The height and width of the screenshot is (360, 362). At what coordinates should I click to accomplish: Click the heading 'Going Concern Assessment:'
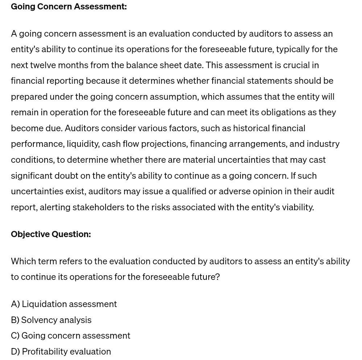point(69,7)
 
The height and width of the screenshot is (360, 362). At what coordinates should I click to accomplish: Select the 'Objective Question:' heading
point(51,234)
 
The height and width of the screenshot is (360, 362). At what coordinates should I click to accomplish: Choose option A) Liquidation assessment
point(64,304)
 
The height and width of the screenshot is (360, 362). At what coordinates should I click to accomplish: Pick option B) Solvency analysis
point(51,320)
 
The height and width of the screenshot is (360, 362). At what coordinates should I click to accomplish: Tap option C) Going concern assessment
point(70,335)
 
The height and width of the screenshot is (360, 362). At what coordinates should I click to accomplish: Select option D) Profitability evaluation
point(61,351)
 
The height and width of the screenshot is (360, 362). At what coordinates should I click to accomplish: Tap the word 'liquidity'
point(83,144)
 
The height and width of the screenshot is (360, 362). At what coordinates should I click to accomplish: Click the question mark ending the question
point(218,277)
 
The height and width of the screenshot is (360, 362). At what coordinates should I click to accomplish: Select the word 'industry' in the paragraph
point(323,144)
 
